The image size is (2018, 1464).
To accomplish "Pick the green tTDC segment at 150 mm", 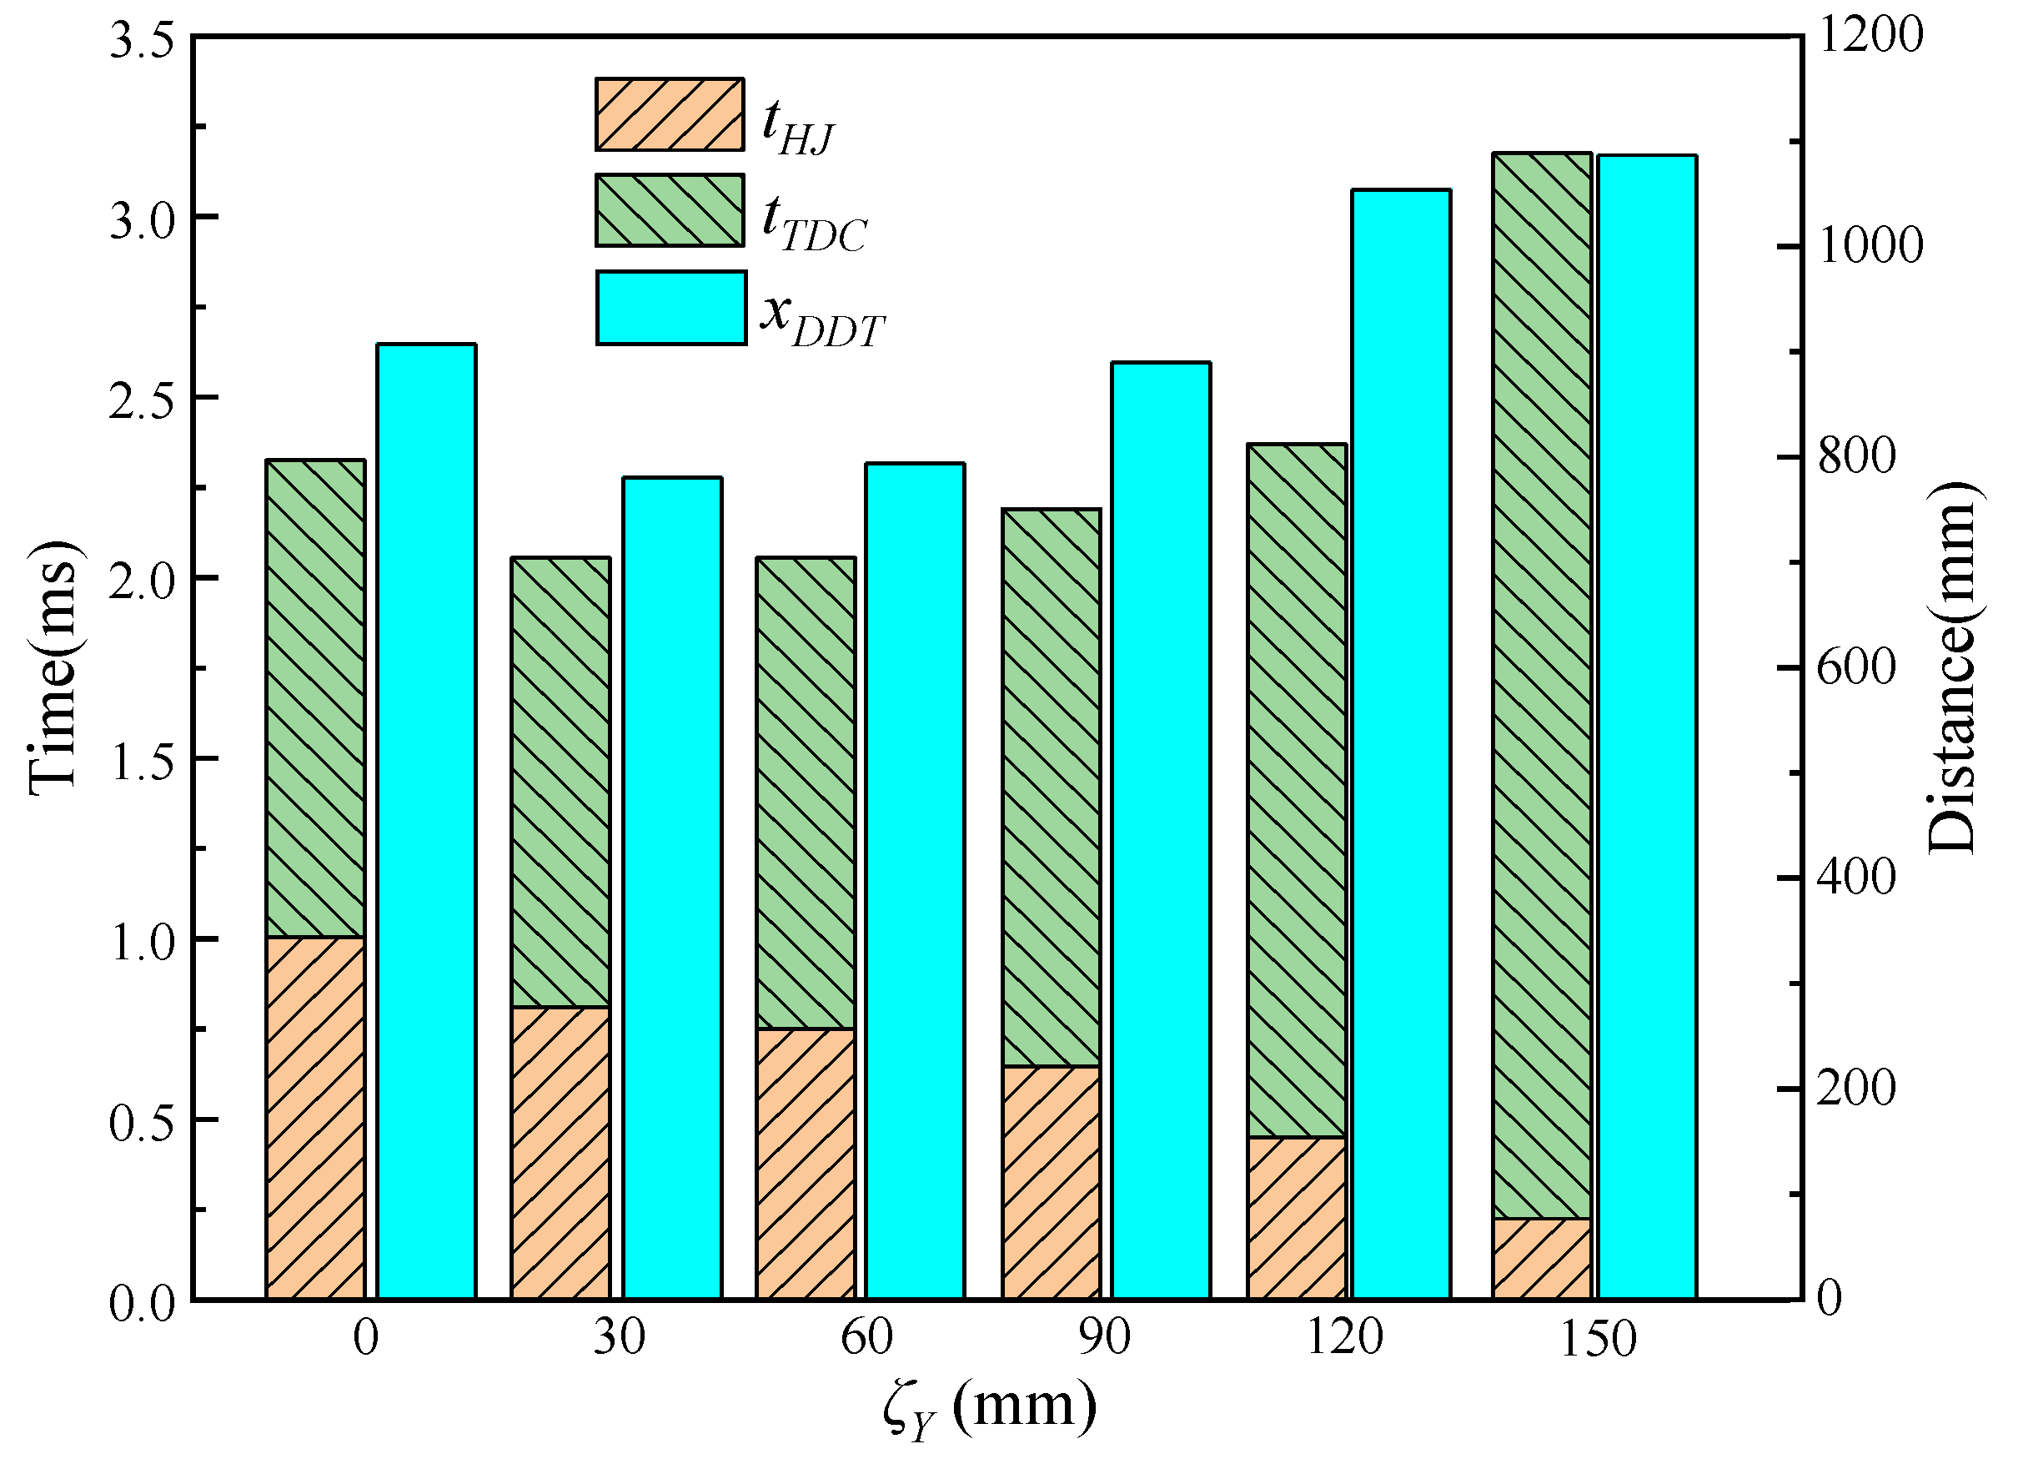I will [x=1542, y=685].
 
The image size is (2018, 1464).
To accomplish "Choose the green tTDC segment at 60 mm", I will [x=806, y=792].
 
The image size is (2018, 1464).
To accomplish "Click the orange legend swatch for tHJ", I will [x=669, y=114].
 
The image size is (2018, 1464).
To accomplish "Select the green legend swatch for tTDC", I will [x=669, y=210].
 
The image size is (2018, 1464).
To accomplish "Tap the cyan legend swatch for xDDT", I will [x=671, y=308].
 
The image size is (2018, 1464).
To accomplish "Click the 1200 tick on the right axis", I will [x=1869, y=36].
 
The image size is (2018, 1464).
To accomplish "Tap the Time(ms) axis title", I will [x=53, y=667].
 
